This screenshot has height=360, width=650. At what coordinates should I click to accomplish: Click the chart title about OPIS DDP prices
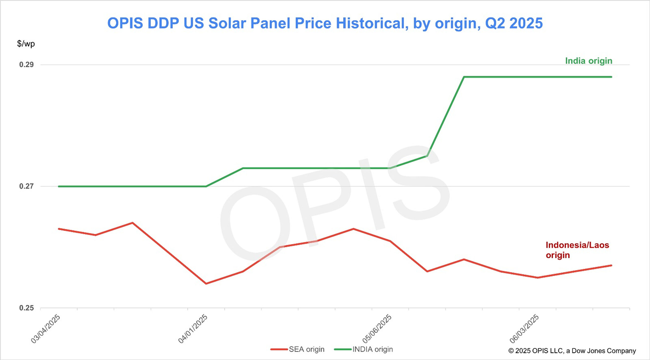pyautogui.click(x=325, y=23)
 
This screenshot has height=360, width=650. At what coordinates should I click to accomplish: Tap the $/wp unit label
pyautogui.click(x=26, y=44)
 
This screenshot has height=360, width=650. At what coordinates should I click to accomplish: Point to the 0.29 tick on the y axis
pyautogui.click(x=26, y=64)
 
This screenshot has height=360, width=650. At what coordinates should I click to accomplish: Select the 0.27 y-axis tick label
pyautogui.click(x=26, y=186)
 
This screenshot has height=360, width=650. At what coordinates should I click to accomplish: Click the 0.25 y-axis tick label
pyautogui.click(x=26, y=308)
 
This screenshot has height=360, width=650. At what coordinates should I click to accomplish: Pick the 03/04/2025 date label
pyautogui.click(x=46, y=329)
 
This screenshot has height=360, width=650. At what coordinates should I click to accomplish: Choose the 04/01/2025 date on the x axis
pyautogui.click(x=193, y=329)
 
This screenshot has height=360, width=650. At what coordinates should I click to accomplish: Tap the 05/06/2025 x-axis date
pyautogui.click(x=377, y=329)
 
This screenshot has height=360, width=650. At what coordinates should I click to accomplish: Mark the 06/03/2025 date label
pyautogui.click(x=524, y=329)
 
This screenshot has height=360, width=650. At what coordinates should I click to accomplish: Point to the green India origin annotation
pyautogui.click(x=589, y=61)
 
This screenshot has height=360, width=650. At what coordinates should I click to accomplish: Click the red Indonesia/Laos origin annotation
pyautogui.click(x=577, y=250)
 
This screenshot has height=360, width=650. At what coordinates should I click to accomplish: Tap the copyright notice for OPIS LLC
pyautogui.click(x=572, y=351)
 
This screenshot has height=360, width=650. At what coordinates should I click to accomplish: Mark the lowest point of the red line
pyautogui.click(x=206, y=284)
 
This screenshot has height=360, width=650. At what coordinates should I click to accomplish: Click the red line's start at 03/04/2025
pyautogui.click(x=59, y=229)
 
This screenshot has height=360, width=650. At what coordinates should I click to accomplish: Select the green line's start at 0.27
pyautogui.click(x=59, y=186)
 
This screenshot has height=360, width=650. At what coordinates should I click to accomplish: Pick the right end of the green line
pyautogui.click(x=611, y=77)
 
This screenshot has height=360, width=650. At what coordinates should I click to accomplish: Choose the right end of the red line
pyautogui.click(x=611, y=266)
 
